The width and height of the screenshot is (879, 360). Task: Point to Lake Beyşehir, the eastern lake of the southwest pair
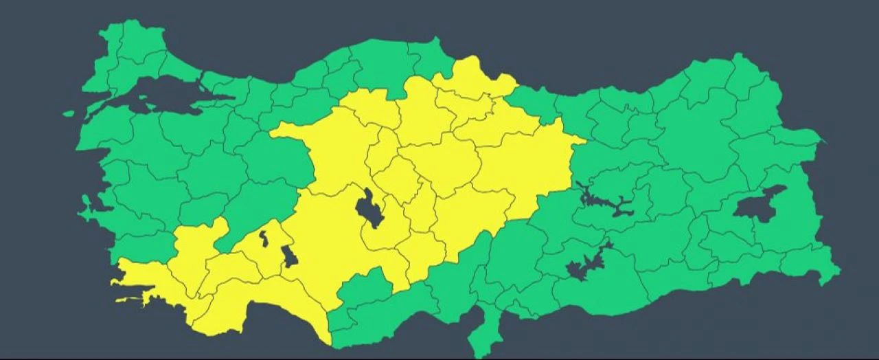[289, 256]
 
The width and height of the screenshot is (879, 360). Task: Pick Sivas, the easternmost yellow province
[529, 165]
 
